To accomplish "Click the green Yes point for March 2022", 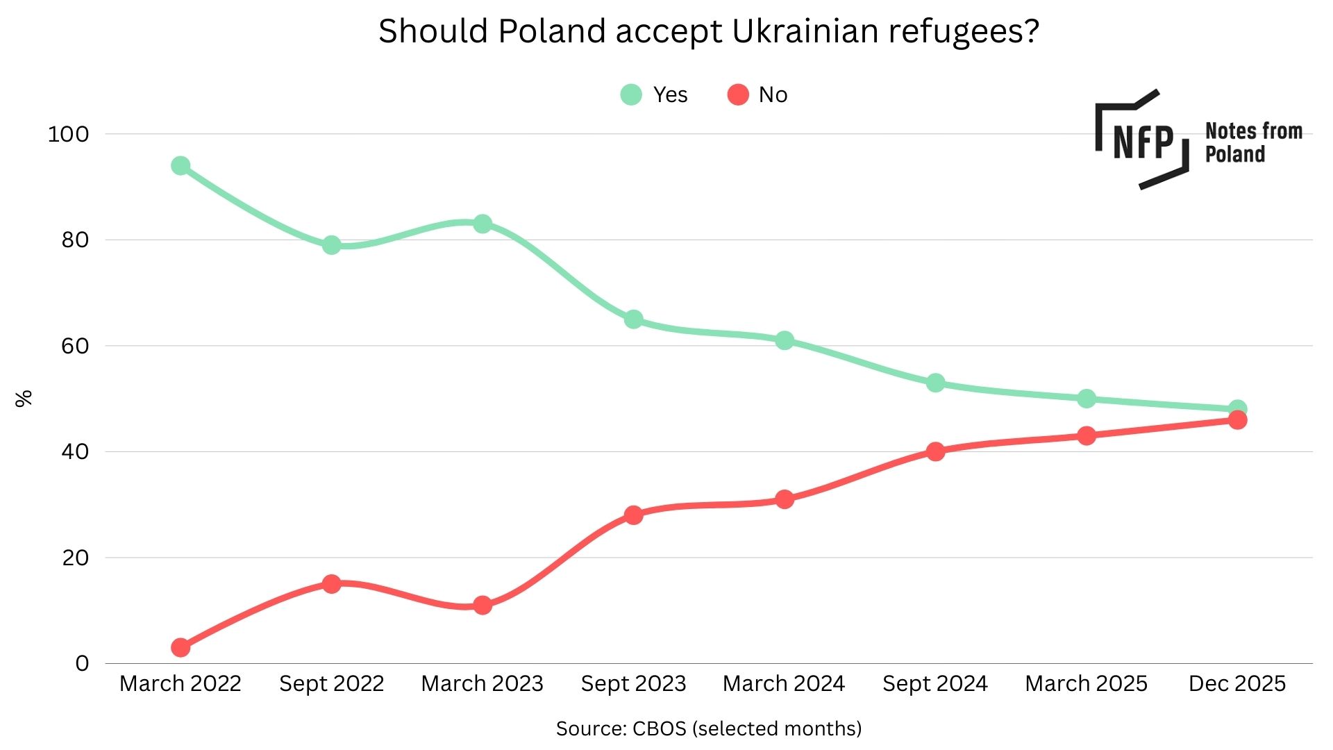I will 181,166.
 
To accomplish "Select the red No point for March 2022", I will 181,647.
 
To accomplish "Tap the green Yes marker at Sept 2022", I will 331,245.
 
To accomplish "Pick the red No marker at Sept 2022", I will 331,583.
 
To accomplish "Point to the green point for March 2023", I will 483,224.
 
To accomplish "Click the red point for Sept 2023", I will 633,515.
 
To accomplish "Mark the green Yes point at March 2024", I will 785,340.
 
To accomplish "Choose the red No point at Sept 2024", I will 935,451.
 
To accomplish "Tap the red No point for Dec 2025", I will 1237,420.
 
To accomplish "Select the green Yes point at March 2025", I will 1087,399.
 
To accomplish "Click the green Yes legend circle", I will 631,94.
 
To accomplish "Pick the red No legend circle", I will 738,94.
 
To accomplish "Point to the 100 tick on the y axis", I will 68,134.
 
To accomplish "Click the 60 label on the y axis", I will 75,346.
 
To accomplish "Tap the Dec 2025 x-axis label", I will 1237,683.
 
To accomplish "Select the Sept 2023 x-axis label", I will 633,683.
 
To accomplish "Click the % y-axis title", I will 24,399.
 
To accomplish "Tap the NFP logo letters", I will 1143,142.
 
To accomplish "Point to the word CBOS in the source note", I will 659,728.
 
